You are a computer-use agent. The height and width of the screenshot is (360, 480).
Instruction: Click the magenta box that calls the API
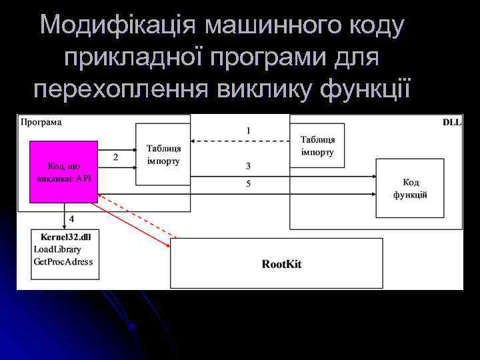click(x=64, y=171)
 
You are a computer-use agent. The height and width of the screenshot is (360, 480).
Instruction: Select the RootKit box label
click(x=281, y=264)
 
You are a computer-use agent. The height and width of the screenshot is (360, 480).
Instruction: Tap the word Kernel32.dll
click(x=65, y=237)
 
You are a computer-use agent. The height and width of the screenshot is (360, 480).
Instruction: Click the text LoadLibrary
click(x=57, y=249)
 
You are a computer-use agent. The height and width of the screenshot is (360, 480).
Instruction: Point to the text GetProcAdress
click(x=63, y=261)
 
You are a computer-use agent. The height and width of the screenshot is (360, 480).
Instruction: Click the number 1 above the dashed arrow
click(x=249, y=131)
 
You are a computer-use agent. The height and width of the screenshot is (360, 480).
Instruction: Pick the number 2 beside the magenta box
click(x=116, y=157)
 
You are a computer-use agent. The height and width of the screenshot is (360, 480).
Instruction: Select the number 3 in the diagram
click(x=248, y=165)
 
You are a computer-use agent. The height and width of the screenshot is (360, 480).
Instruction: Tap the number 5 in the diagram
click(x=248, y=183)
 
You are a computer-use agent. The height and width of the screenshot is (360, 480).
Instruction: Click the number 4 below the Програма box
click(x=71, y=218)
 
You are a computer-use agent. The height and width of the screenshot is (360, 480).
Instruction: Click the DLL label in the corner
click(x=452, y=123)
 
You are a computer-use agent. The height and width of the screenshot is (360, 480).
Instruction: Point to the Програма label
click(x=41, y=122)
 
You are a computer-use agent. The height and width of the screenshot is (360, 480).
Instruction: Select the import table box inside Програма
click(x=163, y=155)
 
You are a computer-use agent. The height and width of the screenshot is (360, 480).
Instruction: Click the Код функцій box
click(x=410, y=188)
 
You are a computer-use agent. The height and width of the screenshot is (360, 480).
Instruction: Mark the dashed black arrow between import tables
click(x=240, y=141)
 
